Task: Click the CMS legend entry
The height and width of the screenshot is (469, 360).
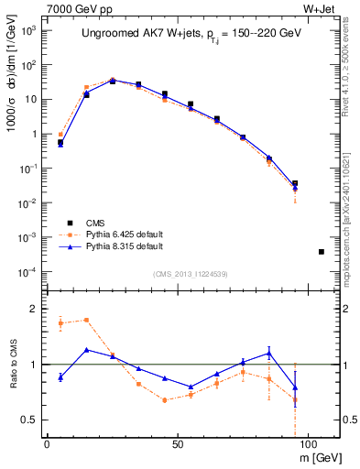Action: tap(101, 223)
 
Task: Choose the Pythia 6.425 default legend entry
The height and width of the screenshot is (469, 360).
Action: tap(125, 234)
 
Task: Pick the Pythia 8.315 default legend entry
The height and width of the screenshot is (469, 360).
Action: tap(125, 246)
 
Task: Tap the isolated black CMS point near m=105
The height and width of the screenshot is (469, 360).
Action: tap(321, 251)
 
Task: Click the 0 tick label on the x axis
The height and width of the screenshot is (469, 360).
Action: tap(47, 444)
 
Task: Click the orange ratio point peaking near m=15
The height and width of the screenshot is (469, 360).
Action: tap(86, 320)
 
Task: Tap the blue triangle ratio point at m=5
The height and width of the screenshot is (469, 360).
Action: tap(60, 376)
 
